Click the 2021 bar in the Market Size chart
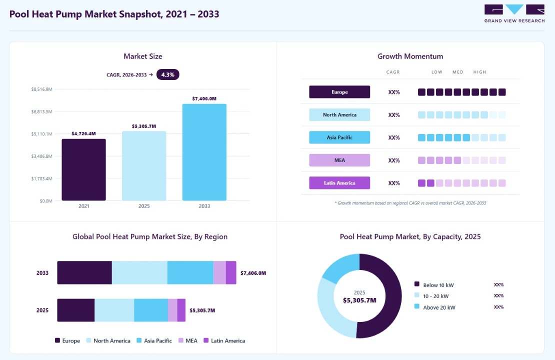[x=83, y=169]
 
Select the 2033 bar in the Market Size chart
[x=204, y=152]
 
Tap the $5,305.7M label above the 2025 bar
[x=144, y=126]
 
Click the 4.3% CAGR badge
[x=168, y=74]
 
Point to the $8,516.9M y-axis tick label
[x=42, y=89]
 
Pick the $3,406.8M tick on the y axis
[x=42, y=156]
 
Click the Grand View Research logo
[x=514, y=14]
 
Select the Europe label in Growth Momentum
[x=339, y=92]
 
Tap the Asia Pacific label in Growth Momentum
[x=339, y=137]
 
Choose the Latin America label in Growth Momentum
[x=339, y=183]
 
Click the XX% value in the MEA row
[x=394, y=160]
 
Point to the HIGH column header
[x=479, y=72]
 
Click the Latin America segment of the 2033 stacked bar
[x=231, y=272]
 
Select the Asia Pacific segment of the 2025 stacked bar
[x=151, y=310]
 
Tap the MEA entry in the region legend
[x=188, y=340]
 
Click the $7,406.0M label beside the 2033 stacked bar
[x=253, y=273]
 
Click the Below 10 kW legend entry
[x=434, y=285]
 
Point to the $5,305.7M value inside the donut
[x=359, y=300]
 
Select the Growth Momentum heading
[x=410, y=56]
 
